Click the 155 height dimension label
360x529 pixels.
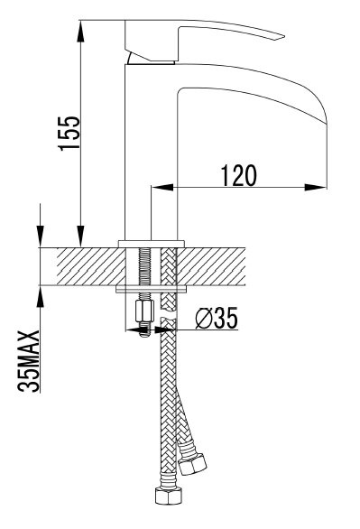69,134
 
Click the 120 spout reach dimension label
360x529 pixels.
239,175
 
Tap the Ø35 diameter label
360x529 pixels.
217,318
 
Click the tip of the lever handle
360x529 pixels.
285,36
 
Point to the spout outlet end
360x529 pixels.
327,123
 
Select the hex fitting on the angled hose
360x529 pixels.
192,463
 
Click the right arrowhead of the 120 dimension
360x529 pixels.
316,187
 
